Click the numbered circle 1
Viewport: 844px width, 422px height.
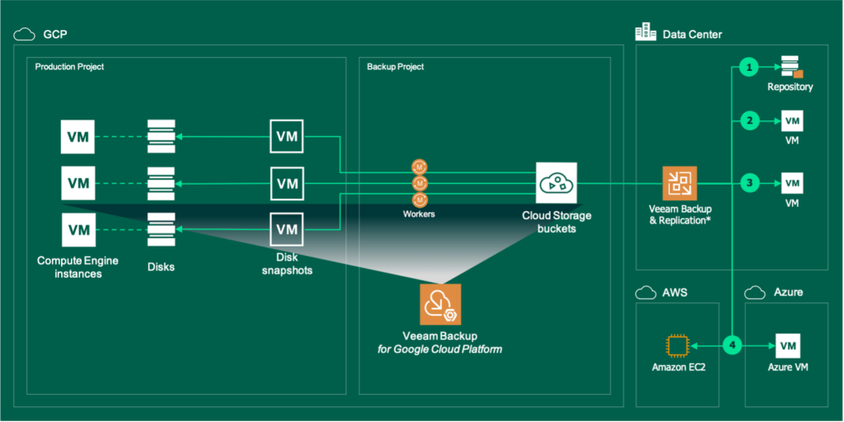click(x=748, y=67)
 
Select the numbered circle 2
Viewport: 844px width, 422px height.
click(x=748, y=122)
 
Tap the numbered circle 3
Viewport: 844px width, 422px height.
click(x=748, y=182)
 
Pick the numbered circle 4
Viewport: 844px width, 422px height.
click(x=734, y=345)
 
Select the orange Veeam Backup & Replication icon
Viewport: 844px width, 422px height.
click(x=680, y=183)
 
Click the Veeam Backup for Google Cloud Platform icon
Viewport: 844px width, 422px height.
click(x=440, y=305)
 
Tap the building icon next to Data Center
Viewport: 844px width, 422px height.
click(x=645, y=33)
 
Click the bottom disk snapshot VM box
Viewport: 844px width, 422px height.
click(x=287, y=228)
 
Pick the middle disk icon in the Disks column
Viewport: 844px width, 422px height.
click(x=161, y=182)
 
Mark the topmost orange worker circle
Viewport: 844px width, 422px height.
click(x=420, y=167)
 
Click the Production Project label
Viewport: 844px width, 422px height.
click(x=69, y=67)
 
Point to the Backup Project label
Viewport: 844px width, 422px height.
click(x=396, y=67)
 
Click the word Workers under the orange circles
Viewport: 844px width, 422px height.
click(x=420, y=214)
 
